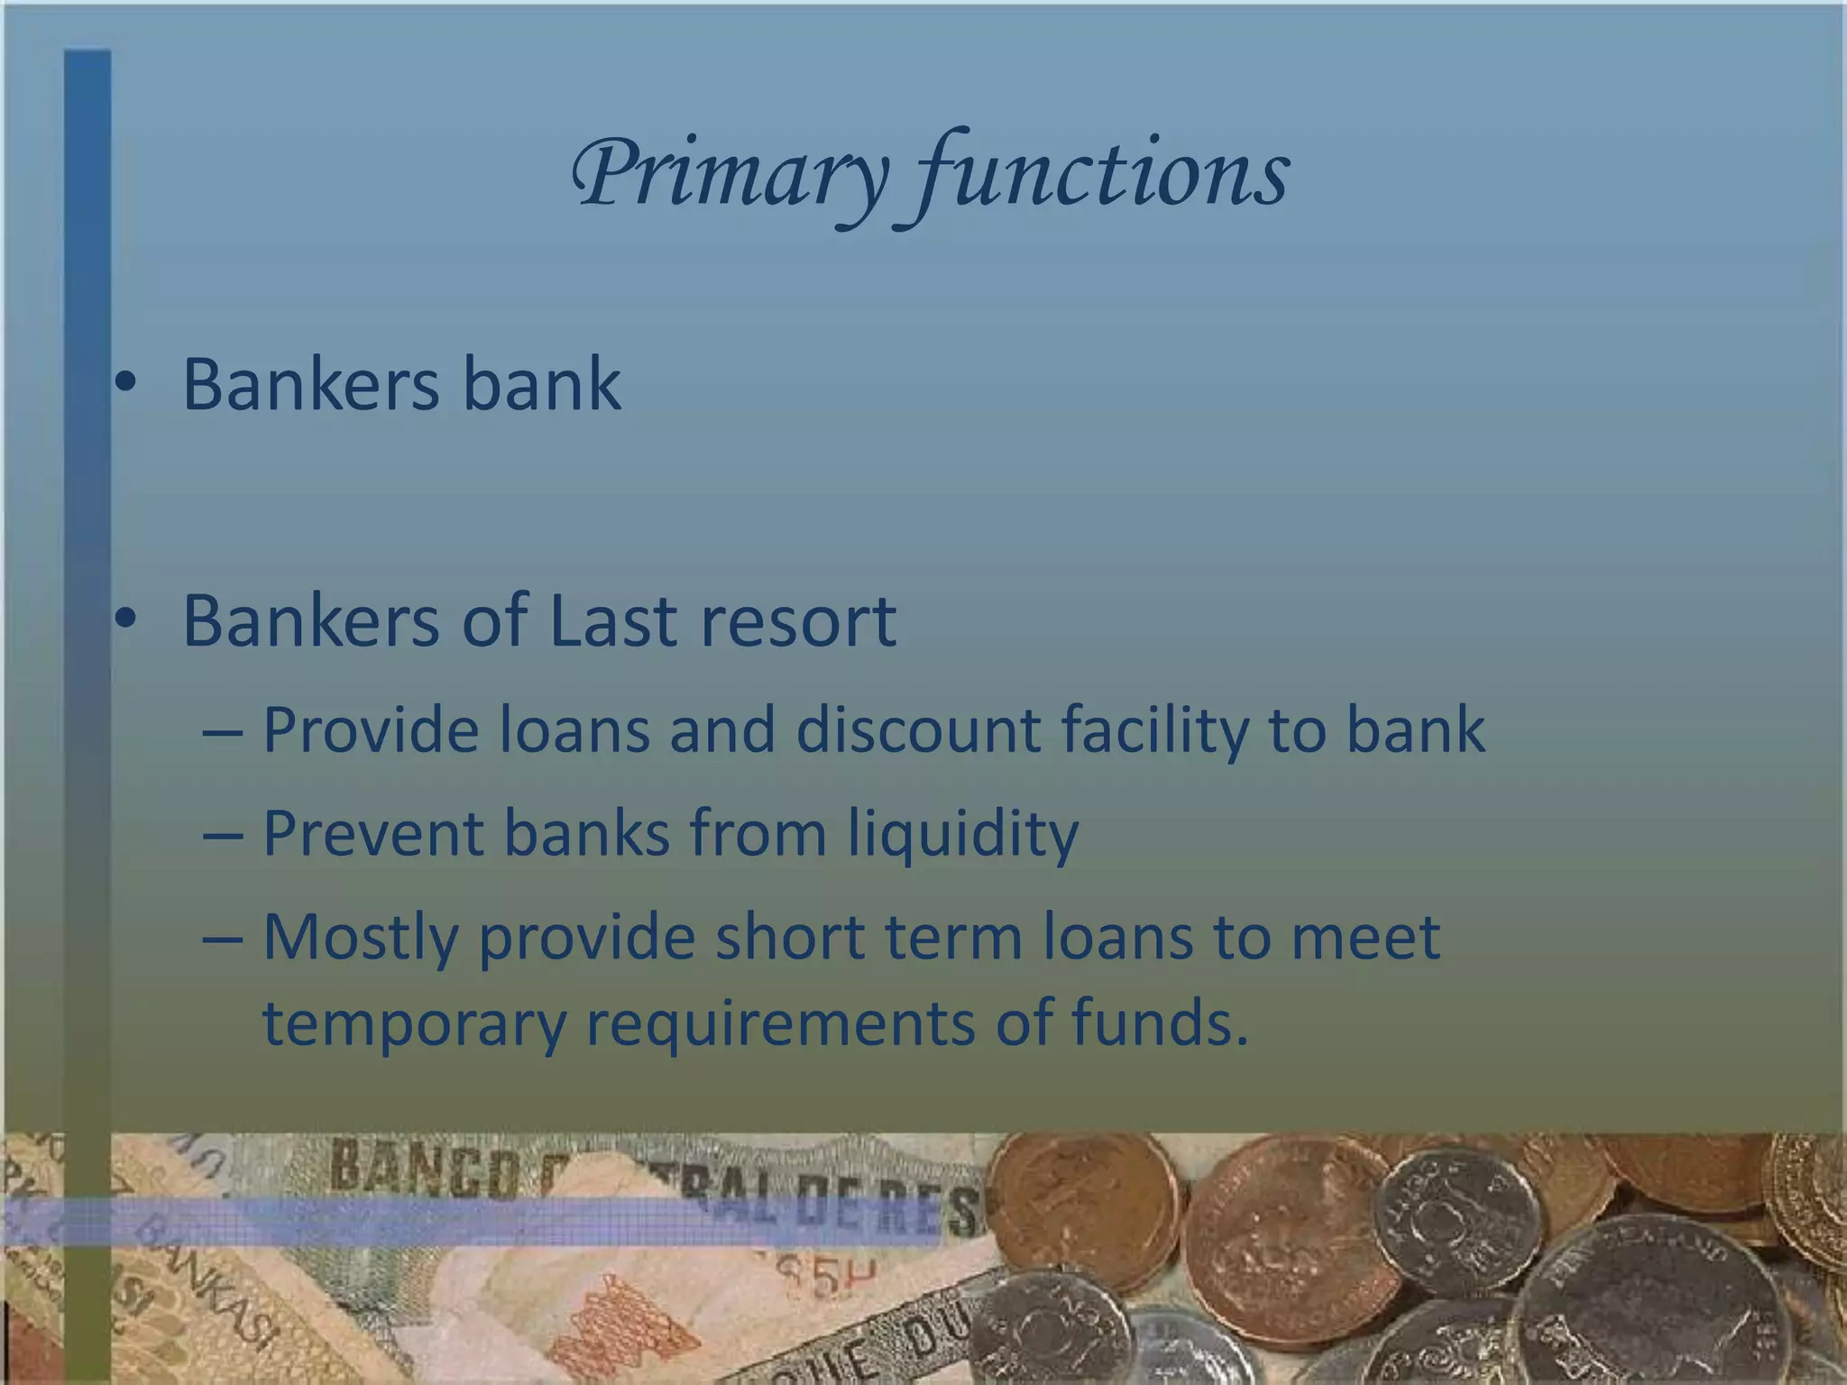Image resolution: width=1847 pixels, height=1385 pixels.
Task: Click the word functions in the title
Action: pyautogui.click(x=1102, y=174)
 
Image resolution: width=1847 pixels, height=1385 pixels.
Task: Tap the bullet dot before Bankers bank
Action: pyautogui.click(x=125, y=385)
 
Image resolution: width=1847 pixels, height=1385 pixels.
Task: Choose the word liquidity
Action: pyautogui.click(x=962, y=835)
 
